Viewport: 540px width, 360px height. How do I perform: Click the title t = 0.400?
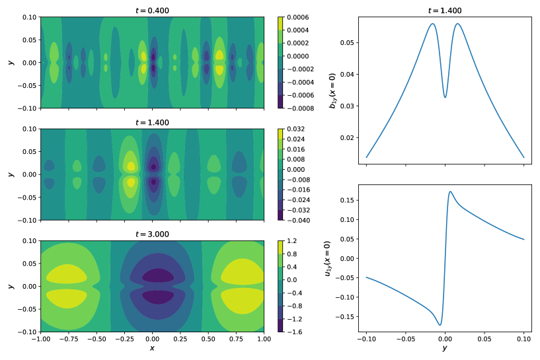click(x=152, y=11)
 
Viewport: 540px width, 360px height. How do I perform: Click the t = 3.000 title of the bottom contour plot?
click(x=152, y=234)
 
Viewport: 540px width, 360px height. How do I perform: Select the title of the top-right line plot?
click(x=445, y=11)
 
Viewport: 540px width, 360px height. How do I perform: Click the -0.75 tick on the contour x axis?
click(x=68, y=339)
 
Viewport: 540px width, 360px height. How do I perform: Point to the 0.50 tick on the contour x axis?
click(x=208, y=339)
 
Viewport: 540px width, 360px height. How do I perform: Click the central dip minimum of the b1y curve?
click(x=445, y=97)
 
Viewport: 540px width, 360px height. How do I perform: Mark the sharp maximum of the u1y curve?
click(x=450, y=192)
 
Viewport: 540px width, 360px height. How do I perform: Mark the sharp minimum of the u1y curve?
click(x=440, y=325)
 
